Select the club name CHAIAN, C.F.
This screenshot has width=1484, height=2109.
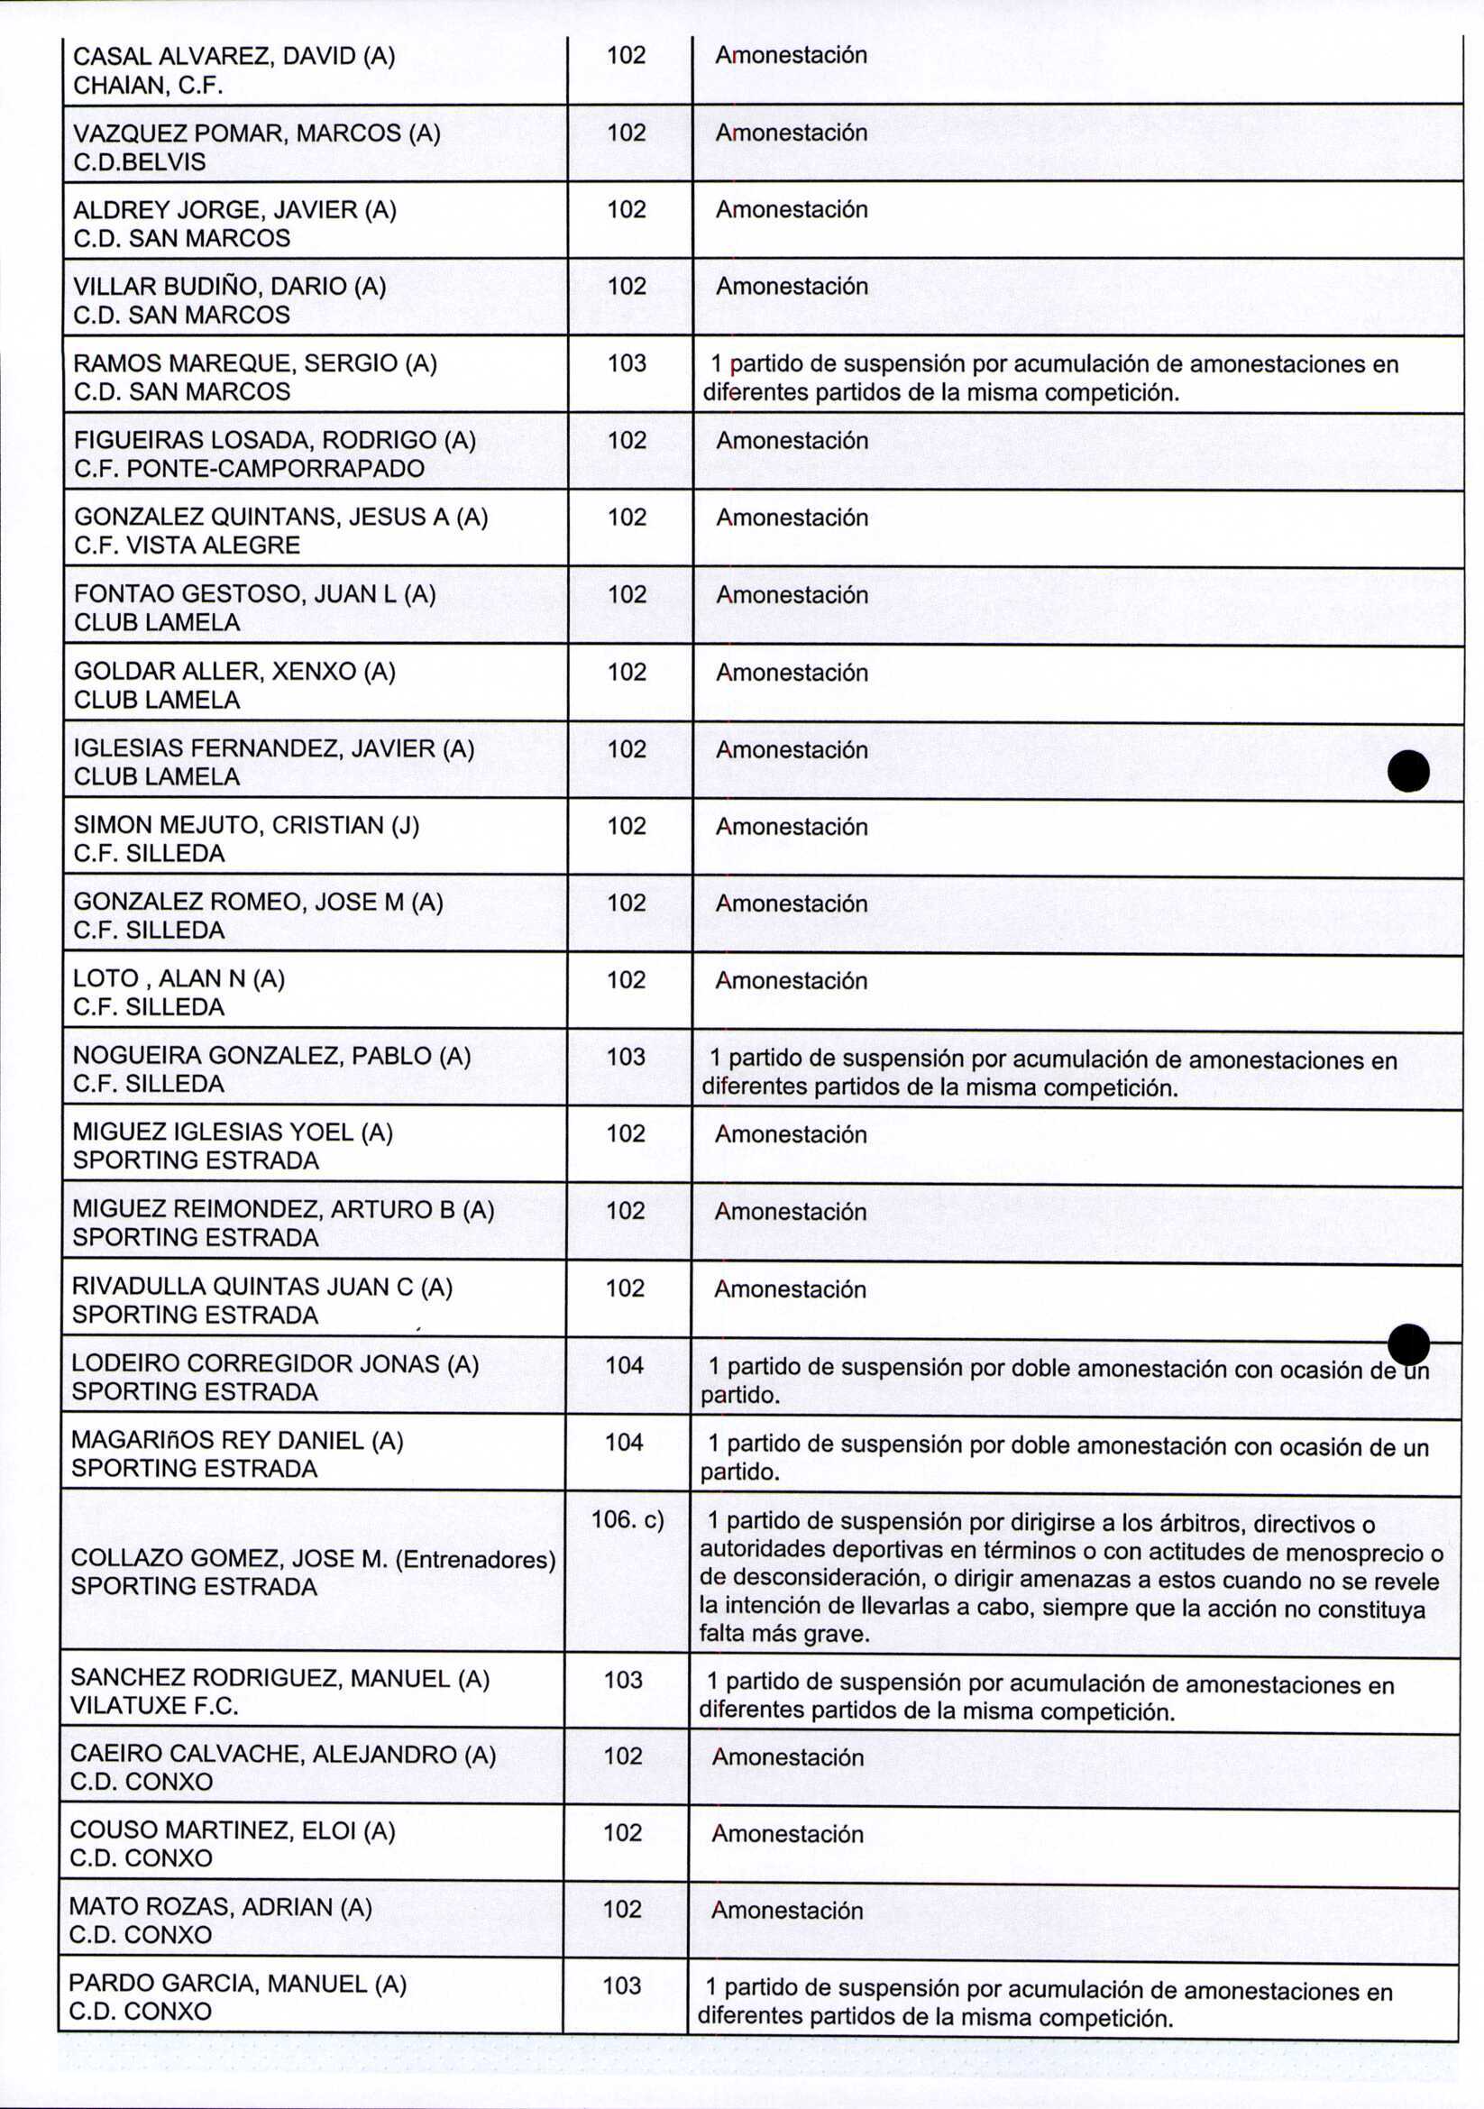tap(148, 87)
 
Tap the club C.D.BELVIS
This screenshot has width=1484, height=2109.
tap(140, 162)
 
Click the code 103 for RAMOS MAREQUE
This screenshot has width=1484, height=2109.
tap(627, 362)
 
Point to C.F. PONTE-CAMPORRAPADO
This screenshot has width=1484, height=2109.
tap(249, 469)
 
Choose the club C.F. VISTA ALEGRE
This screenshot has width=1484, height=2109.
tap(188, 546)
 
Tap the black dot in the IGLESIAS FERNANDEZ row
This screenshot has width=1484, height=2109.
tap(1407, 771)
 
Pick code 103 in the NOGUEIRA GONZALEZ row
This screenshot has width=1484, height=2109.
tap(627, 1057)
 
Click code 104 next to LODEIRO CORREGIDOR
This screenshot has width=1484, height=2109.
tap(625, 1365)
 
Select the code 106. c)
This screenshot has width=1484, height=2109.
tap(627, 1519)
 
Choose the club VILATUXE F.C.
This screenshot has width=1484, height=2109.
tap(154, 1706)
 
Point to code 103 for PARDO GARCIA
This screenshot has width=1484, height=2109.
tap(622, 1985)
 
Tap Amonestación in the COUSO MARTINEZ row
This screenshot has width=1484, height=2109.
tap(788, 1833)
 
